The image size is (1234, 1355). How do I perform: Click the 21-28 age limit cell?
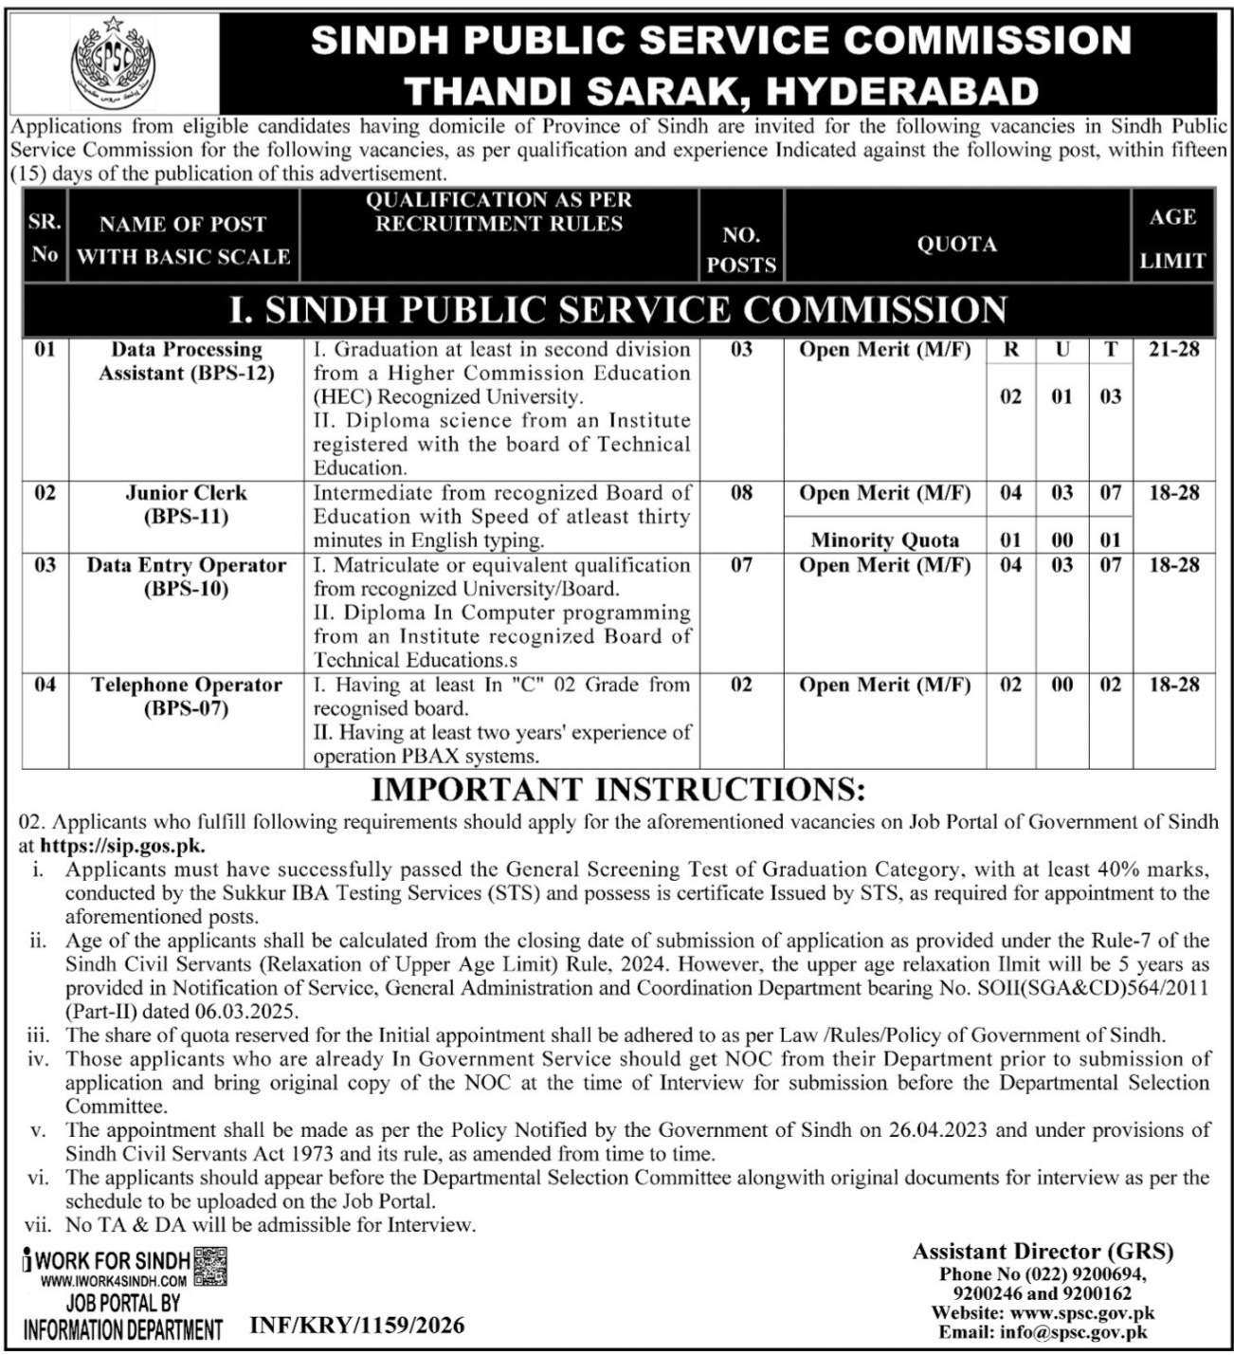pos(1173,350)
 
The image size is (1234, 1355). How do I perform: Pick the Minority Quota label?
pos(884,540)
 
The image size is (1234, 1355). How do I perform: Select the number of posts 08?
pos(741,493)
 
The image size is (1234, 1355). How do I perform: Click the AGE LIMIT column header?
pos(1172,238)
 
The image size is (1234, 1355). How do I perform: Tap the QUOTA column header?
pos(956,245)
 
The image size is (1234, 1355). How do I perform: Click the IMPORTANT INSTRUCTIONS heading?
pos(617,790)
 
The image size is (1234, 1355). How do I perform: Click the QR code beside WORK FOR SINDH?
pos(210,1267)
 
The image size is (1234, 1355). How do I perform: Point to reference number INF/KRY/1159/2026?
pos(357,1325)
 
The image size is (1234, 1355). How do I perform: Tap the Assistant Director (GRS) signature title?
pos(1043,1252)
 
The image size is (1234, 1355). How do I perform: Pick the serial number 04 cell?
pos(45,685)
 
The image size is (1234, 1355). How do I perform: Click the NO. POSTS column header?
pos(741,250)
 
